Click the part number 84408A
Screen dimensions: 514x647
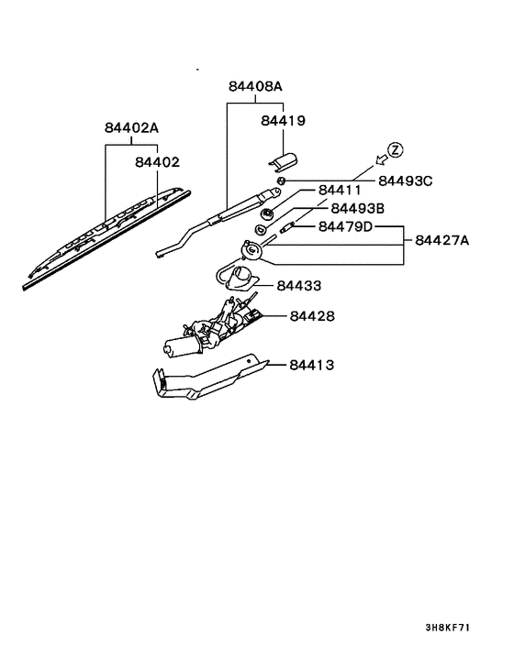coord(255,86)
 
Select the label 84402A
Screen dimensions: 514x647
coord(131,127)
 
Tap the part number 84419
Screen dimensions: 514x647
coord(283,120)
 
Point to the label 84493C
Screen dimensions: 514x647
coord(406,181)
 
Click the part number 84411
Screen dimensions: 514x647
coord(340,190)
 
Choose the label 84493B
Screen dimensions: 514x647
coord(358,208)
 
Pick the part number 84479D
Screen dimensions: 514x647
coord(345,226)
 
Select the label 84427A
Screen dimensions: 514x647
coord(442,240)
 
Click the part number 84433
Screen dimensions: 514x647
coord(299,286)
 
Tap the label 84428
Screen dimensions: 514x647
coord(312,316)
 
